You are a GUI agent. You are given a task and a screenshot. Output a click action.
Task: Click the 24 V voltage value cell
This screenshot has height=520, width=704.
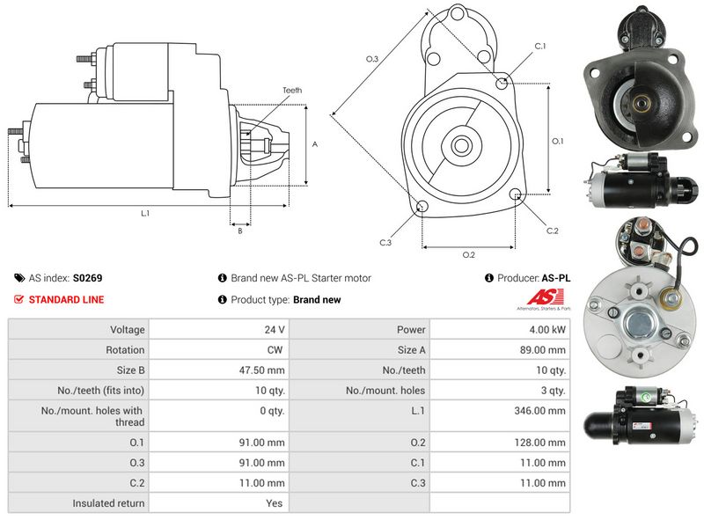coord(275,330)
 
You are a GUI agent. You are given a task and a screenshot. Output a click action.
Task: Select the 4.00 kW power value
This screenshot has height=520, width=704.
coord(547,330)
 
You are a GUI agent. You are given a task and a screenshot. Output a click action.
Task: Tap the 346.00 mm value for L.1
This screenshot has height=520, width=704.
coord(539,410)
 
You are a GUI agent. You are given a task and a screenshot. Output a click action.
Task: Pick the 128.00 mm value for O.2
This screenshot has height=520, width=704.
coord(539,443)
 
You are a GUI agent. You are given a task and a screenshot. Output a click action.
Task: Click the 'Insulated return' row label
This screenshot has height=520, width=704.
coord(108,503)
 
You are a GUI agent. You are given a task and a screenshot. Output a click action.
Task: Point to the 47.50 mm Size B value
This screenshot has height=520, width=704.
coord(261,370)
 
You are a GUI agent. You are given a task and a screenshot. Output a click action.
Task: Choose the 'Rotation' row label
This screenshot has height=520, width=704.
coord(125,350)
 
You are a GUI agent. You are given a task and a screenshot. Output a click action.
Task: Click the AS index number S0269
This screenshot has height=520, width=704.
coord(87,278)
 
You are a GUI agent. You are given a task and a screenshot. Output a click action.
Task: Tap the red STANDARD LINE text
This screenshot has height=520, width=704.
coord(66,299)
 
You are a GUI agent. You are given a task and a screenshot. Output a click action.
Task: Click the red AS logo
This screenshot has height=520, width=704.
coord(545,297)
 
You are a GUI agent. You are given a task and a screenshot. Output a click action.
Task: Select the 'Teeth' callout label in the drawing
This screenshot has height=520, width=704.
coord(292,91)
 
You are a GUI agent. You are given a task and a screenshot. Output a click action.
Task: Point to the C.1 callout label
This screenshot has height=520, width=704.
coord(540,46)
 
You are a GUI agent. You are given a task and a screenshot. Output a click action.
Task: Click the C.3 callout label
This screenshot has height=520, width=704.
coord(385,243)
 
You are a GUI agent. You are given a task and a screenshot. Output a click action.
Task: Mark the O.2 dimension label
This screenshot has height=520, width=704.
coord(468,254)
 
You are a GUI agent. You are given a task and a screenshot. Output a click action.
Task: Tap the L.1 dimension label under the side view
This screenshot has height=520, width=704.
coord(145,213)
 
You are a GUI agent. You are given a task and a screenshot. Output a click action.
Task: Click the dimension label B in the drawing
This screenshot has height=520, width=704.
coord(240,231)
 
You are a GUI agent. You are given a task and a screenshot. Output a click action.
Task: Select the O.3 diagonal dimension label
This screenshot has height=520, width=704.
coord(372,58)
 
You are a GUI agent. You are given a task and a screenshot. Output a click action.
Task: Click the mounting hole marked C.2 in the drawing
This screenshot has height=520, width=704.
coord(516,194)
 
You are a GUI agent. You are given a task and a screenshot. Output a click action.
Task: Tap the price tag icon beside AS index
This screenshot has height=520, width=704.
coord(19,278)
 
